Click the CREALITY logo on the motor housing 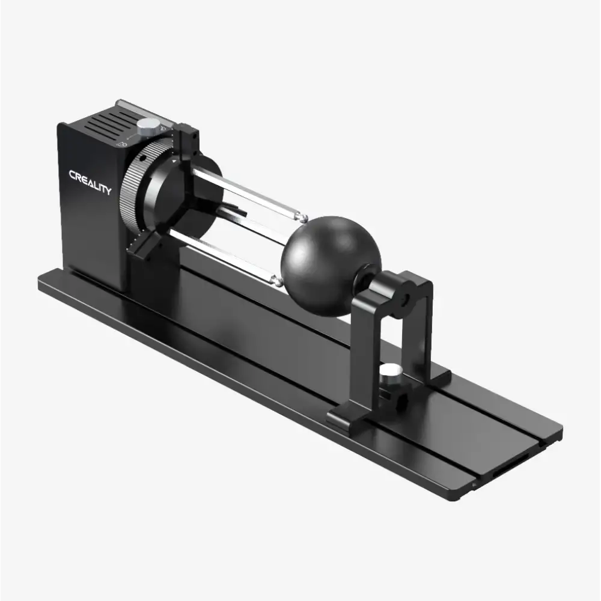coord(90,182)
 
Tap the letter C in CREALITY coord(73,175)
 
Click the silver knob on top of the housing coord(148,127)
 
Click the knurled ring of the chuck coord(129,186)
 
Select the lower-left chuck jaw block coord(143,245)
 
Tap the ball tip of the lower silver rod coord(277,279)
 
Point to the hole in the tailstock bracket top coord(406,297)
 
